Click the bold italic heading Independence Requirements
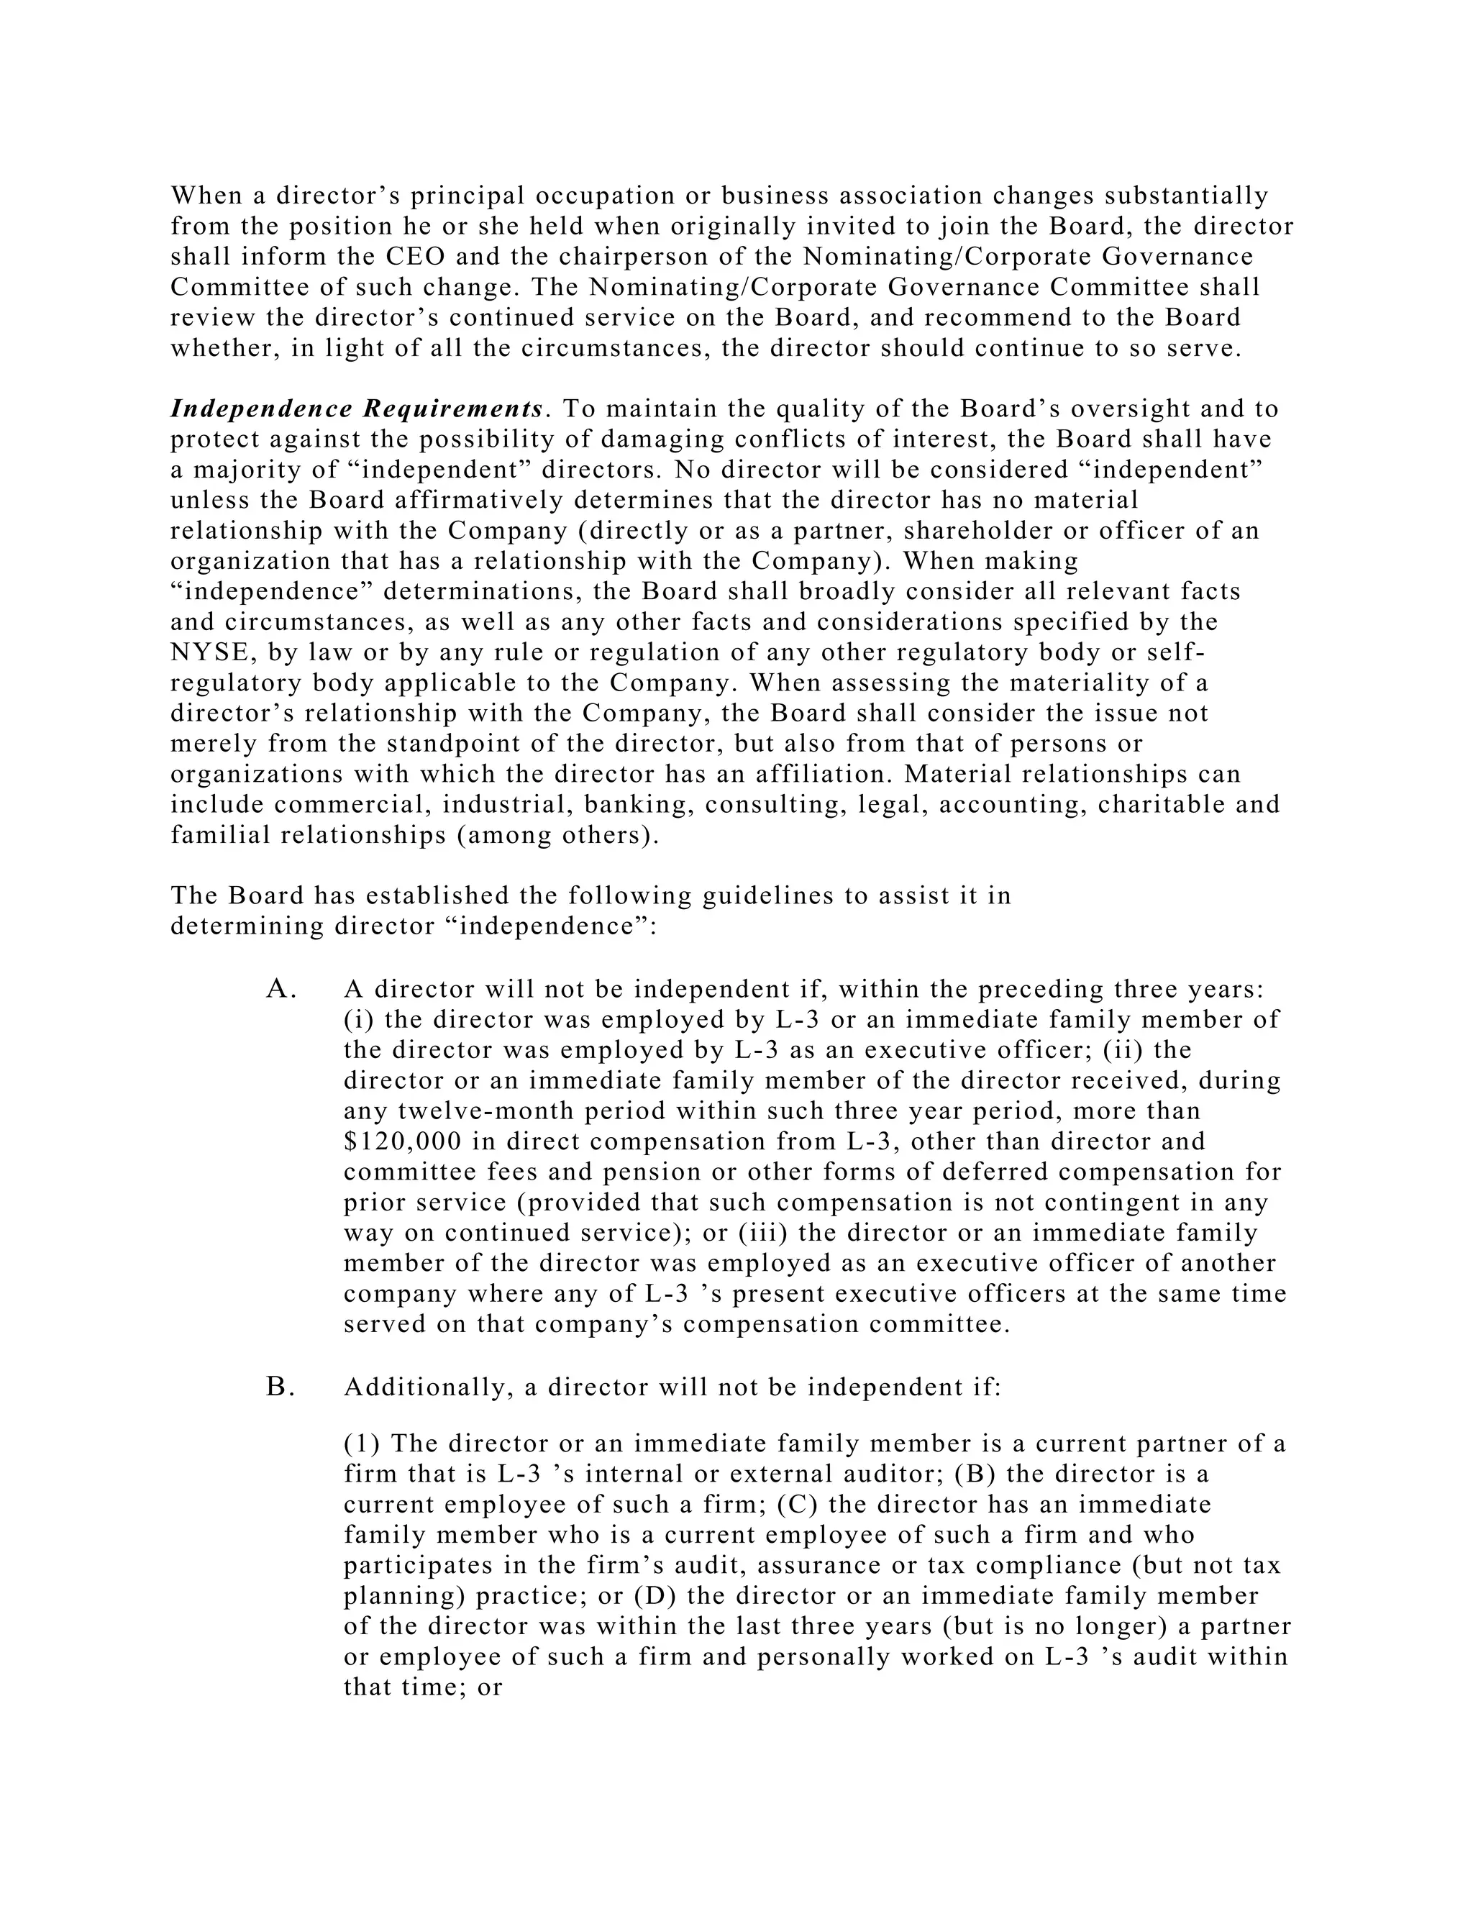[357, 409]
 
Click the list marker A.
[281, 990]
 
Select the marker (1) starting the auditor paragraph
[361, 1444]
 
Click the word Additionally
[426, 1387]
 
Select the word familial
[221, 835]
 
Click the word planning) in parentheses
[404, 1596]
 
